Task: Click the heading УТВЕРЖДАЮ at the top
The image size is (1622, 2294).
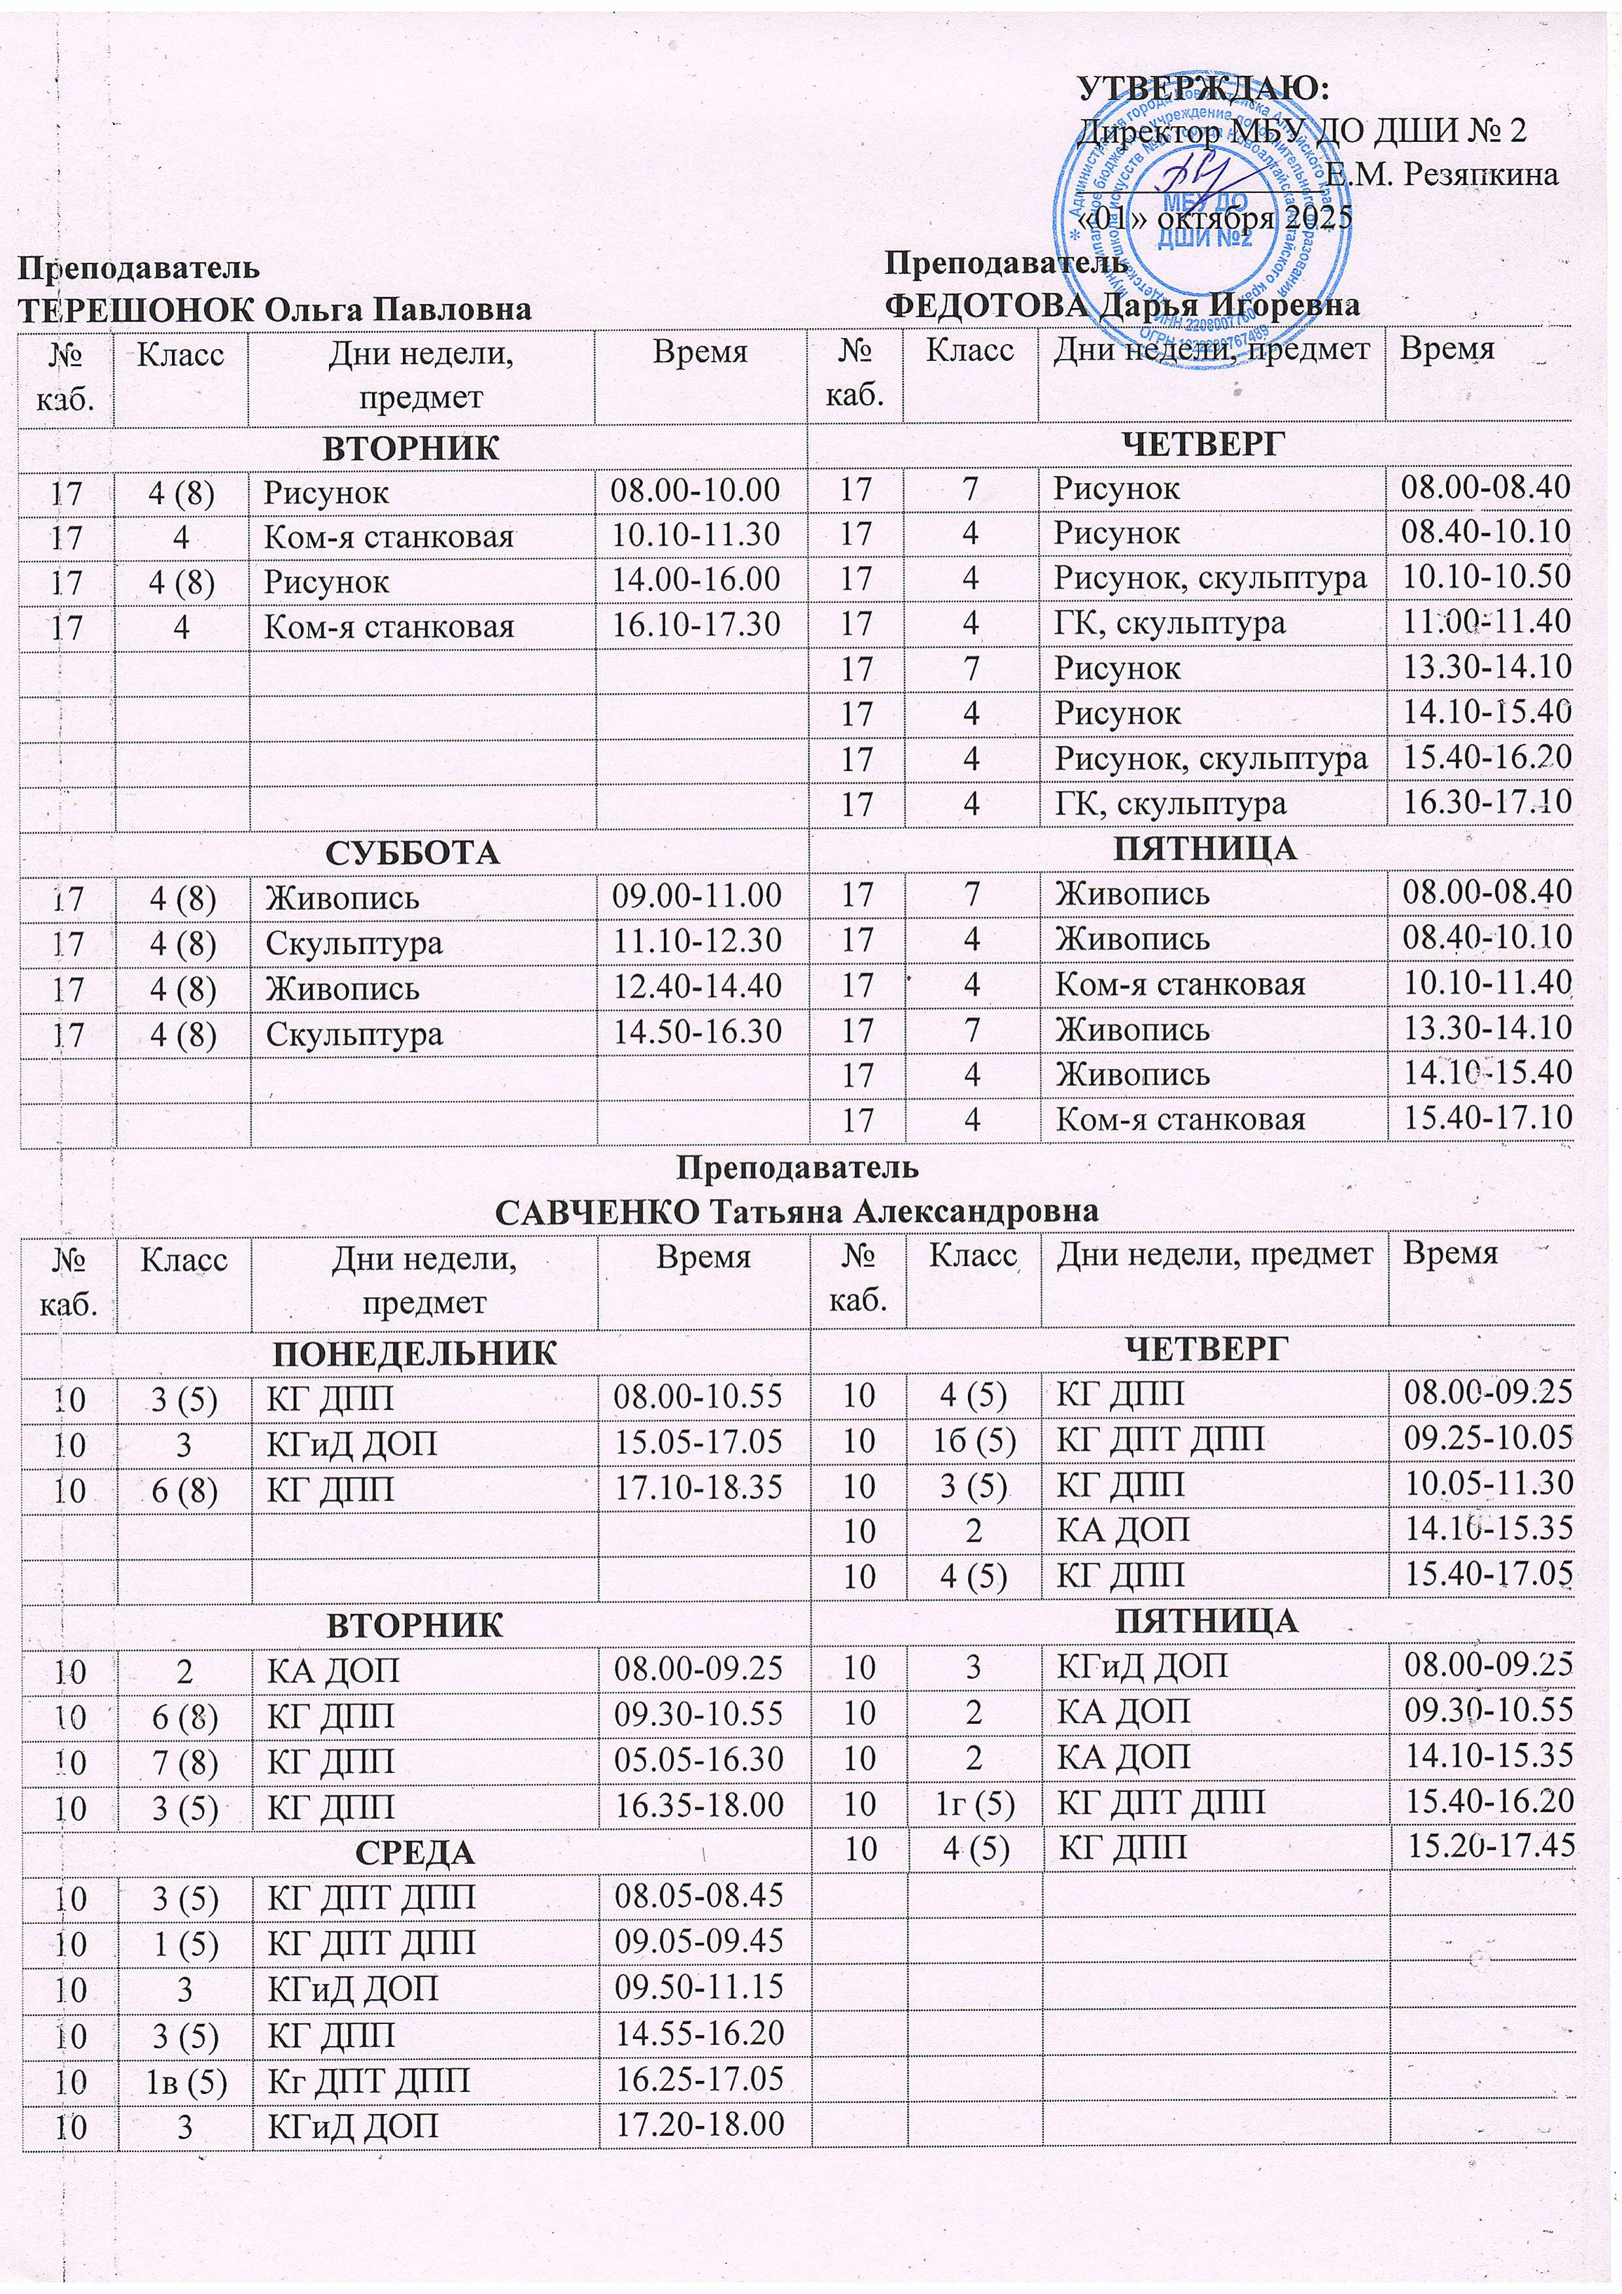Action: tap(1203, 87)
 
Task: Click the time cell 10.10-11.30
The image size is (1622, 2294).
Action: tap(696, 535)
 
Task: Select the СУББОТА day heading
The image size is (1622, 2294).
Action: tap(413, 852)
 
